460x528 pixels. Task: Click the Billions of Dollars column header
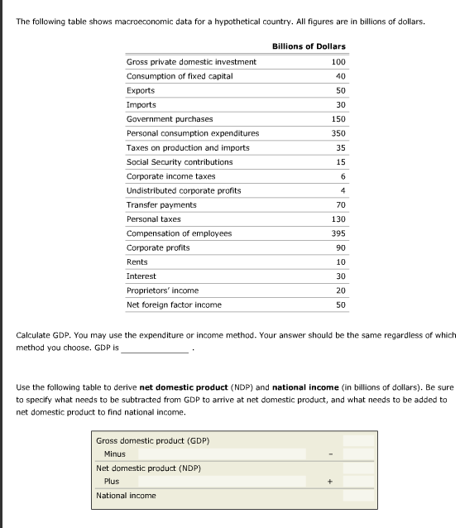coord(309,46)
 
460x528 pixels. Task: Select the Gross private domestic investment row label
coord(191,62)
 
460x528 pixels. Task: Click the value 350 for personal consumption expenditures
coord(338,133)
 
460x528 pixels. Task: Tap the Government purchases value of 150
coord(338,119)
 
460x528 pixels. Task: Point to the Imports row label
coord(141,105)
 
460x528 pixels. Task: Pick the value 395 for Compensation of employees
coord(338,233)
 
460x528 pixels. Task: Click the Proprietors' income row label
coord(162,290)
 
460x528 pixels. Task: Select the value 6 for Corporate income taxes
coord(342,176)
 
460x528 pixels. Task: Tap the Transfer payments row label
coord(161,204)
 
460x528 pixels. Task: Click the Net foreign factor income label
coord(174,305)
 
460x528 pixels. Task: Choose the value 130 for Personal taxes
coord(338,219)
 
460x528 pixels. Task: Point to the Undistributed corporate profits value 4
coord(342,190)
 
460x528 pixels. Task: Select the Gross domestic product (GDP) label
coord(152,440)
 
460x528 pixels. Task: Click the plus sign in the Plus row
coord(330,482)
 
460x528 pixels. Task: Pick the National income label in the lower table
coord(126,496)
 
